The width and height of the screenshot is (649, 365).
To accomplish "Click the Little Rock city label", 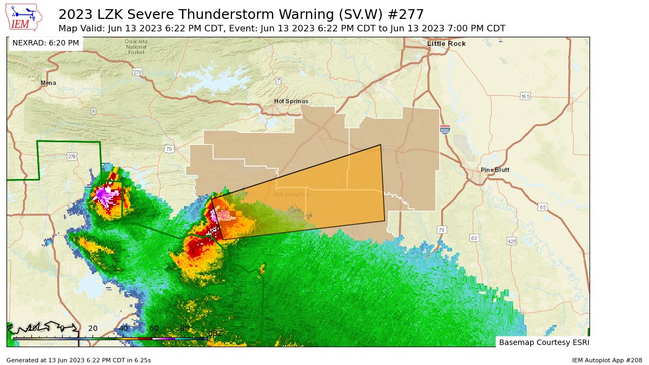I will [x=446, y=43].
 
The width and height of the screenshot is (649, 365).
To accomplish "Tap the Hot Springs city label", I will [x=291, y=101].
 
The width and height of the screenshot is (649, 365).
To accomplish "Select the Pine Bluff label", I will [x=495, y=170].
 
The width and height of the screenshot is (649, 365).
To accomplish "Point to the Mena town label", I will [x=48, y=83].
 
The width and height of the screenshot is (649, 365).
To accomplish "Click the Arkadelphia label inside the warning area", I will [x=290, y=194].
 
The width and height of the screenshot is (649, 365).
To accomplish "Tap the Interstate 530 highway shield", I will [x=445, y=131].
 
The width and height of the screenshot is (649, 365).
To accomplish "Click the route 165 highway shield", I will [x=525, y=96].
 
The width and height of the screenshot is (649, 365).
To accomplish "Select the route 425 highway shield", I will [x=512, y=241].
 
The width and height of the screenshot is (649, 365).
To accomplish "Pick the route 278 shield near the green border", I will [x=72, y=157].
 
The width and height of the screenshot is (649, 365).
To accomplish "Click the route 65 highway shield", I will [x=542, y=207].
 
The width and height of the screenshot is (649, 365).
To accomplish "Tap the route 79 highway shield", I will [x=442, y=229].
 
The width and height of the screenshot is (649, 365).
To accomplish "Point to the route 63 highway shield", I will [x=474, y=237].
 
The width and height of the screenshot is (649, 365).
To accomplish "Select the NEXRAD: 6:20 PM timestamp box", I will [x=45, y=43].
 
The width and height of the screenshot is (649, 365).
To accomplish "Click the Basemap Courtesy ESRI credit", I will [x=544, y=342].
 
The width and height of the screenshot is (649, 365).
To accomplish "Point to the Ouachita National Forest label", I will [x=136, y=47].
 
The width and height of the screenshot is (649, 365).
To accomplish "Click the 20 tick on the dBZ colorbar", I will [x=92, y=328].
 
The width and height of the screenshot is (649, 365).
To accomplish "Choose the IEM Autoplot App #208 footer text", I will [x=607, y=360].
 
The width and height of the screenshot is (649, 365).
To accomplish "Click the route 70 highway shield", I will [x=169, y=149].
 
